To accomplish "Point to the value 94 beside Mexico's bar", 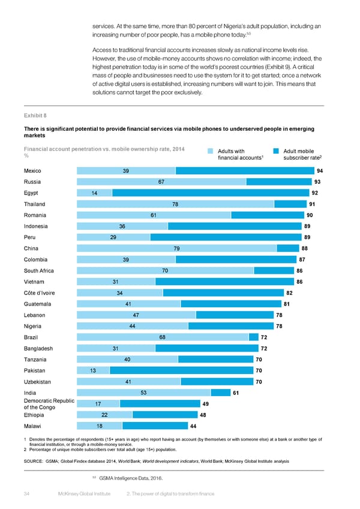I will coord(320,170).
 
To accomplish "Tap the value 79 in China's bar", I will coord(177,248).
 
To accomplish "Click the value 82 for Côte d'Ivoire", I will coord(289,293).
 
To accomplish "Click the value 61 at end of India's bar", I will coord(236,393).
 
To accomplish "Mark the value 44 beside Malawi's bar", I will coord(193,426).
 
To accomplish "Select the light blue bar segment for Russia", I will coord(161,182).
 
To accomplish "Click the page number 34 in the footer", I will coord(26,494).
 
